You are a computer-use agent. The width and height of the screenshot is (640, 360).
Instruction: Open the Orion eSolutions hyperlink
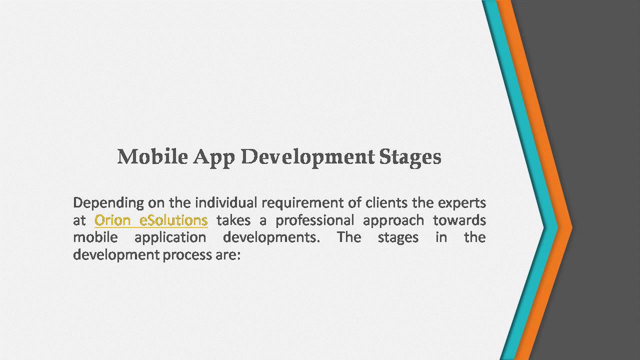tap(151, 220)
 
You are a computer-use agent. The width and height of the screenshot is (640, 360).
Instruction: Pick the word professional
tap(315, 220)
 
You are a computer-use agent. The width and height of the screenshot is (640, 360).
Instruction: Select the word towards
tap(459, 220)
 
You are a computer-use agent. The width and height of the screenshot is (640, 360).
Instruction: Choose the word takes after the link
tap(233, 220)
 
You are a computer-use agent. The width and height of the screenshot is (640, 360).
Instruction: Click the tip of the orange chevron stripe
tap(571, 228)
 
